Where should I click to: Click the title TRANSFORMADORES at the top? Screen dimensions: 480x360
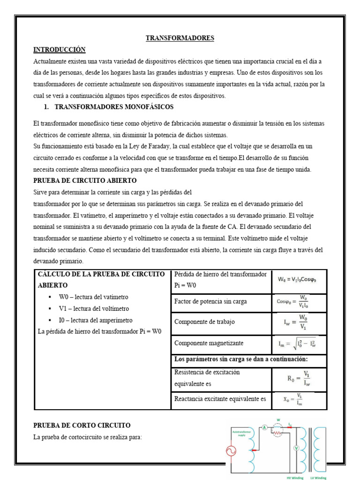180,38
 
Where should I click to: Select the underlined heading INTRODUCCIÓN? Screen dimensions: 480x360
59,50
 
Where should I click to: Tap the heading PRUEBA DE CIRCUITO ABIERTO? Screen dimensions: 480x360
85,180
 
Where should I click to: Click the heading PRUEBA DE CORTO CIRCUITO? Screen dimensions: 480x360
82,426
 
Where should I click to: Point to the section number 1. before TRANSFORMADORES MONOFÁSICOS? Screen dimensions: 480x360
46,107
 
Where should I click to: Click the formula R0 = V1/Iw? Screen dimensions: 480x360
299,378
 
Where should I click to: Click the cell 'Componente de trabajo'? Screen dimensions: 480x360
204,322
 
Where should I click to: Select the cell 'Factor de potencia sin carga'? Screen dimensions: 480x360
210,301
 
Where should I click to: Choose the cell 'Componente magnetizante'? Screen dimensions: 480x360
209,343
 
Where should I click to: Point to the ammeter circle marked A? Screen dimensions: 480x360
264,427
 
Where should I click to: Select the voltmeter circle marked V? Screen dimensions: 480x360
296,448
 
